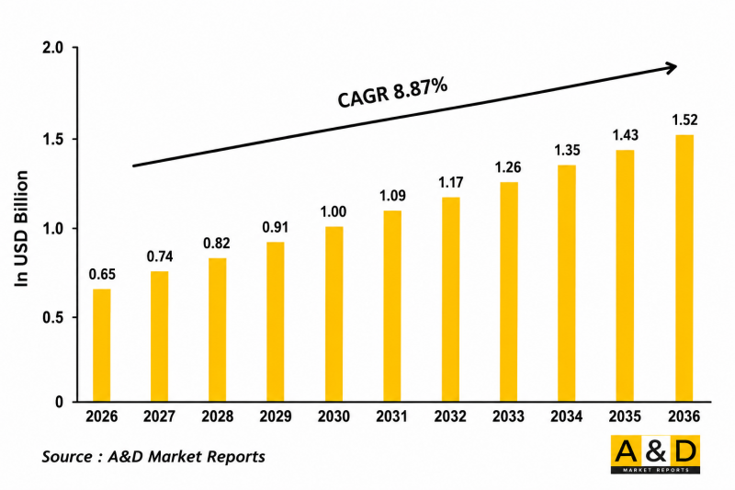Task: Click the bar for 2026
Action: coord(102,345)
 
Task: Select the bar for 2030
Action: coord(334,314)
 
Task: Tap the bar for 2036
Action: coord(684,268)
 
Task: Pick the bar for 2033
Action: coord(509,291)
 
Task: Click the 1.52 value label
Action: coord(684,120)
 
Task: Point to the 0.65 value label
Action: coord(102,274)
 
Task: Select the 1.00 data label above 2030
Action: coord(334,212)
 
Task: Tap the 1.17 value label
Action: coord(451,182)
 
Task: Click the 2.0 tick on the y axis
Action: coord(52,48)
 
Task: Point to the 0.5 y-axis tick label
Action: coord(52,317)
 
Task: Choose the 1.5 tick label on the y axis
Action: coord(52,139)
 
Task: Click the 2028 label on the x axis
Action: coord(218,416)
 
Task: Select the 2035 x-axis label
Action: coord(625,416)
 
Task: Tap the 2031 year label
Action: coord(392,416)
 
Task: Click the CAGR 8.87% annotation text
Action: coord(392,93)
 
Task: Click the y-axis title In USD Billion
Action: coord(21,229)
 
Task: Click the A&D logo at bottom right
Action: coord(655,454)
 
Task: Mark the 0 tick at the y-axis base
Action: coord(59,403)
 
